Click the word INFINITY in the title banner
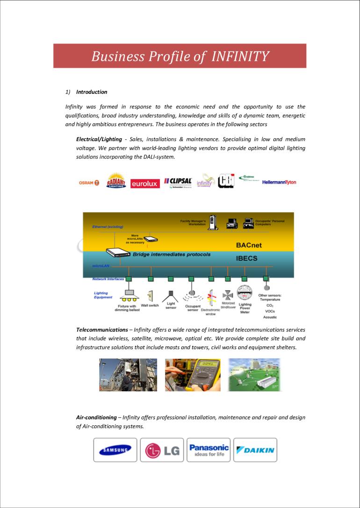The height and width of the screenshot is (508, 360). tap(240, 57)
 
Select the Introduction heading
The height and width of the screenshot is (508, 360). tap(92, 92)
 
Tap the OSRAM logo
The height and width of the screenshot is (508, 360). tap(89, 182)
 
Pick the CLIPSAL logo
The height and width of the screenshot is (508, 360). tap(178, 181)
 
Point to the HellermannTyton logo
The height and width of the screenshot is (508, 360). tap(279, 182)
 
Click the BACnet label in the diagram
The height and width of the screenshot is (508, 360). tap(251, 244)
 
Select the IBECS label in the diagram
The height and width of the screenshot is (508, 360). tap(246, 258)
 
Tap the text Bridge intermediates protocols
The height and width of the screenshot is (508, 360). tap(172, 255)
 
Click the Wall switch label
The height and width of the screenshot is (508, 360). tap(150, 306)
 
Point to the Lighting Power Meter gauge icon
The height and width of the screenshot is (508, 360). tap(245, 293)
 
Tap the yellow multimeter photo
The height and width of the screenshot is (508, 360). tap(192, 375)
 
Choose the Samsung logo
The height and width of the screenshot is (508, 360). tap(115, 450)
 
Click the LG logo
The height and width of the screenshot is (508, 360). tap(162, 450)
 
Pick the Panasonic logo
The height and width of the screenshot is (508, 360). tap(209, 450)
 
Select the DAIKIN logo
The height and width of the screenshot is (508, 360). tap(255, 450)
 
